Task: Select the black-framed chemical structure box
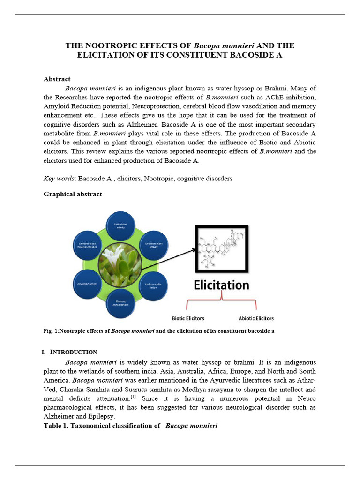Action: click(222, 248)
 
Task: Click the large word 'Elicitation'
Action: click(222, 285)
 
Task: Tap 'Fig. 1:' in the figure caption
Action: click(51, 331)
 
